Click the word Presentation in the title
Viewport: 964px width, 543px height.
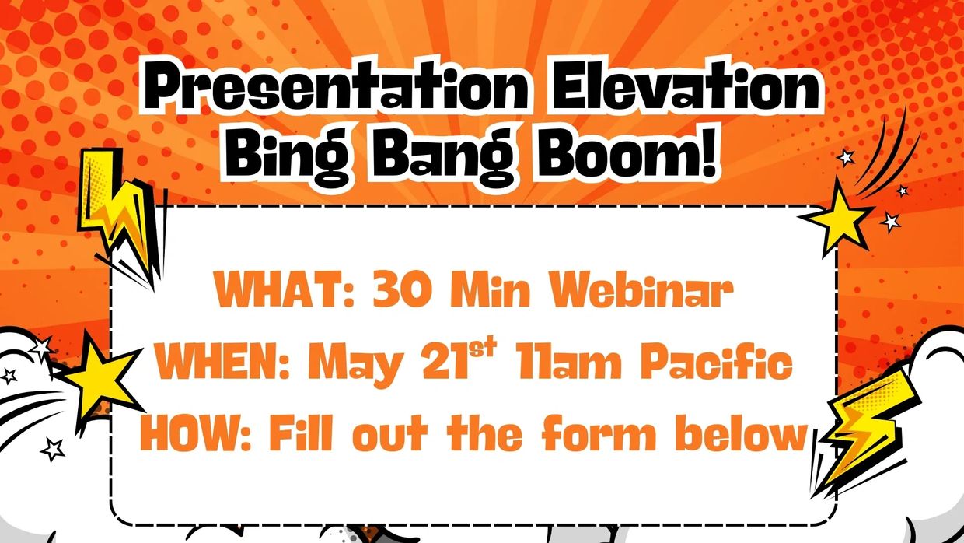336,87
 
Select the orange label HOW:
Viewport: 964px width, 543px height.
196,432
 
